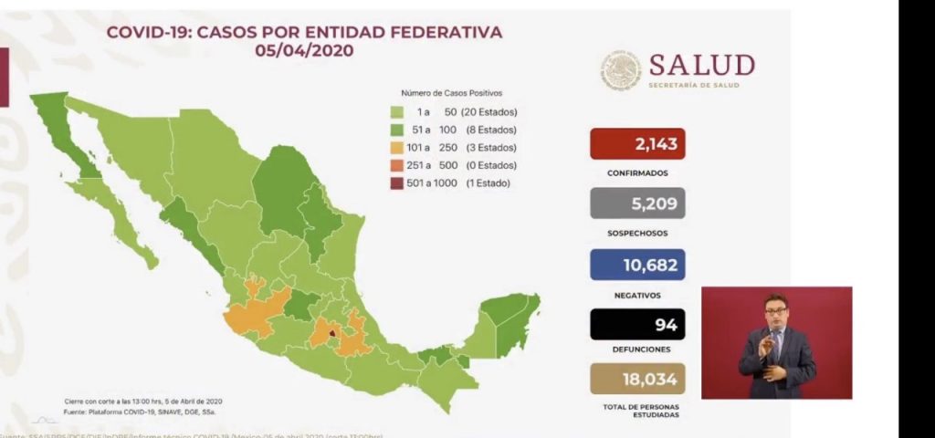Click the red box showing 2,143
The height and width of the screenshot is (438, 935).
click(637, 144)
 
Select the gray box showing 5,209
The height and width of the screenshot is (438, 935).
click(637, 203)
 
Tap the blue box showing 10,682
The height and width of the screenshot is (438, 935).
click(637, 265)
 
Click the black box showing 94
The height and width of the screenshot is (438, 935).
click(637, 324)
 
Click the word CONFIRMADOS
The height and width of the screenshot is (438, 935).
click(637, 172)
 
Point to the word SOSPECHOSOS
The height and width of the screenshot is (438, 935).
click(637, 233)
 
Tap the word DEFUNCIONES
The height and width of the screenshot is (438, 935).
click(637, 349)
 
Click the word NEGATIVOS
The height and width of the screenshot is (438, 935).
click(637, 295)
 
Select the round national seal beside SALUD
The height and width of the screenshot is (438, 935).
click(621, 70)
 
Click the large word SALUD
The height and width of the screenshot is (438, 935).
click(701, 65)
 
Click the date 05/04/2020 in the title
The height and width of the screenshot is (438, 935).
click(304, 52)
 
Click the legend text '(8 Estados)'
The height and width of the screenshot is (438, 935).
click(490, 130)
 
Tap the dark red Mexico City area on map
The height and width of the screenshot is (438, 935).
click(333, 336)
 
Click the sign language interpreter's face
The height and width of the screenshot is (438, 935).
click(775, 310)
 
